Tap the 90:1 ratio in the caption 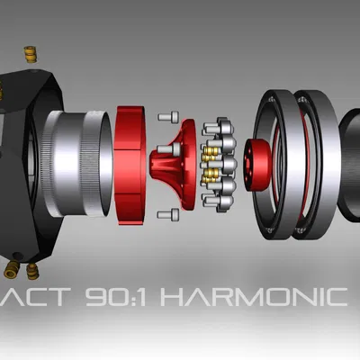[x=129, y=297]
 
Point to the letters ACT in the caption [x=46, y=297]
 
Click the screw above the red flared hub [x=168, y=116]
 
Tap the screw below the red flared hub [x=168, y=214]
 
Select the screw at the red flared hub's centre [x=161, y=148]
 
